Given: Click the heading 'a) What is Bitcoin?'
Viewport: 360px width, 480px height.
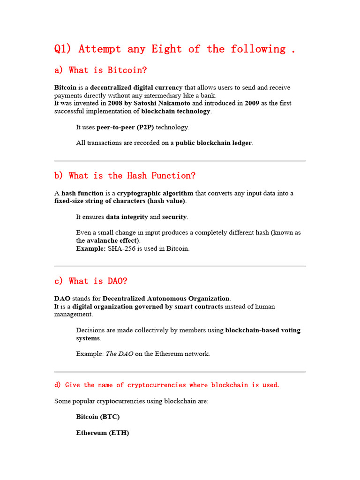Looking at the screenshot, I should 100,70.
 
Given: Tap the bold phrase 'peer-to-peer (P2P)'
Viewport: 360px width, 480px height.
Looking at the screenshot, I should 125,127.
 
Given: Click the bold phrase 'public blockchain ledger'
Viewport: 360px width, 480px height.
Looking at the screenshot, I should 213,143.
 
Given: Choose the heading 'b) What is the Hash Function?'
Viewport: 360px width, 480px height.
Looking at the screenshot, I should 125,176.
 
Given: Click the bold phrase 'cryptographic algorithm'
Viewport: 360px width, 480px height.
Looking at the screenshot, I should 155,193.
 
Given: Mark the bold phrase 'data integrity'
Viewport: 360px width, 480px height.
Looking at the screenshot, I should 127,217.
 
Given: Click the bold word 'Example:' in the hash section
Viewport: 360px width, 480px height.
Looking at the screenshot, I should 91,249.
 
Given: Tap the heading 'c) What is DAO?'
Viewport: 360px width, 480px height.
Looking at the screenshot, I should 90,281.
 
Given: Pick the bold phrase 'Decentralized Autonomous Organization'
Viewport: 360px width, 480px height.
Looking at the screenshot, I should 166,299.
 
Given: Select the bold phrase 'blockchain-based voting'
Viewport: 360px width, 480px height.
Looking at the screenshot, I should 263,330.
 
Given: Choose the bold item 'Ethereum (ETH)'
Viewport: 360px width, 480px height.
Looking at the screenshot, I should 102,433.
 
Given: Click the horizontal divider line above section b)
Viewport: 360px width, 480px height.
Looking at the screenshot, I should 180,161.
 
